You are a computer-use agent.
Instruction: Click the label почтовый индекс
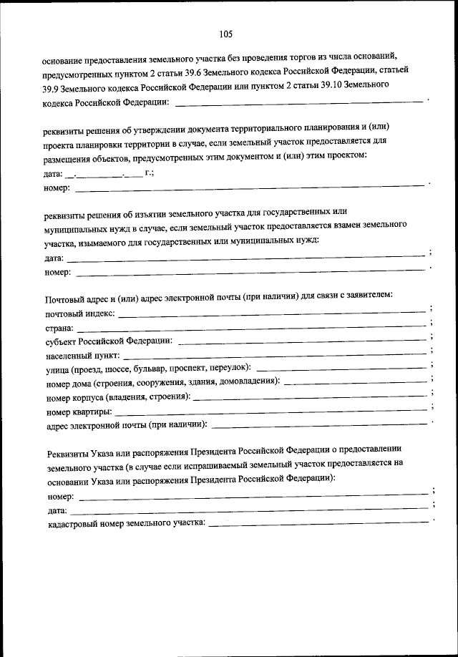pyautogui.click(x=79, y=313)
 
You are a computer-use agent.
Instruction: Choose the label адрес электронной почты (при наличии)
pyautogui.click(x=126, y=427)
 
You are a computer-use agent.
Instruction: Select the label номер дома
pyautogui.click(x=69, y=383)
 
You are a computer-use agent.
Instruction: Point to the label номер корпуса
pyautogui.click(x=74, y=397)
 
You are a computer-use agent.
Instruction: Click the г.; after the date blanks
pyautogui.click(x=150, y=173)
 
